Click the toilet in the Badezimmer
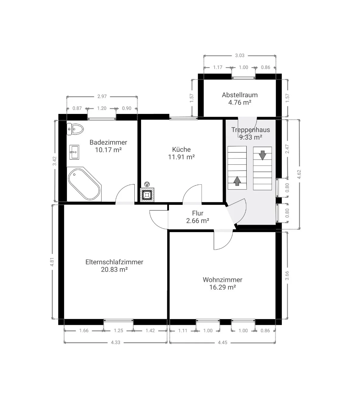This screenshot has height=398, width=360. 75,129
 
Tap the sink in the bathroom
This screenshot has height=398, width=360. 74,152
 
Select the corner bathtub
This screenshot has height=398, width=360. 84,184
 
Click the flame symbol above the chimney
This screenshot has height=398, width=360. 147,184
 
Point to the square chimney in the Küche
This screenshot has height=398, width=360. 147,195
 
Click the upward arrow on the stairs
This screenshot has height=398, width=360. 237,181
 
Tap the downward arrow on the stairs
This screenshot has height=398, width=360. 262,155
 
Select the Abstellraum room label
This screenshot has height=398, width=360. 240,95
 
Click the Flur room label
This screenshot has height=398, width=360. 198,213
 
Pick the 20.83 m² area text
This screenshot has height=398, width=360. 114,269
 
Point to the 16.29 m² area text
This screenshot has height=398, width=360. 222,287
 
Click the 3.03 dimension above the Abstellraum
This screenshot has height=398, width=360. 240,56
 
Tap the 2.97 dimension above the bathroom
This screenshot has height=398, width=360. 102,96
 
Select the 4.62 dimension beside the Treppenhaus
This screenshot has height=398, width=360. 299,174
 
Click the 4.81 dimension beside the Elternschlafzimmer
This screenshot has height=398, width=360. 52,262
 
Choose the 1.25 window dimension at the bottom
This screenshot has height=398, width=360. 118,331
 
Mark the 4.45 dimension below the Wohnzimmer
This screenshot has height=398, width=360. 222,342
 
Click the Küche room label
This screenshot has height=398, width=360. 181,149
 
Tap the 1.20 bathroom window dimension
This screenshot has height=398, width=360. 102,108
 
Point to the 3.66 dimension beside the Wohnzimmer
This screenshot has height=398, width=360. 287,276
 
